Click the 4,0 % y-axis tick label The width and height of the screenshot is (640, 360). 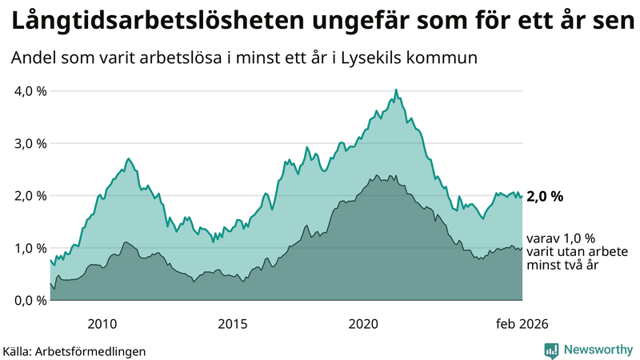[31, 90]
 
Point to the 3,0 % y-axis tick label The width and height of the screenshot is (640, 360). [31, 143]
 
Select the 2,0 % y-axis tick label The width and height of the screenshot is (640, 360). [31, 195]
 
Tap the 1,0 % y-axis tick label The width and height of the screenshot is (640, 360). [31, 248]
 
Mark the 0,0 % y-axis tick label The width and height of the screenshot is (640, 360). [31, 300]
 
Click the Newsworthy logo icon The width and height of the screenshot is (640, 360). [551, 350]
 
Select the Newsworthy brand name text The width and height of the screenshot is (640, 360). [598, 350]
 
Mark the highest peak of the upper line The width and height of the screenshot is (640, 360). [395, 90]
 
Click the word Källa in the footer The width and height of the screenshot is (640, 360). [17, 351]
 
